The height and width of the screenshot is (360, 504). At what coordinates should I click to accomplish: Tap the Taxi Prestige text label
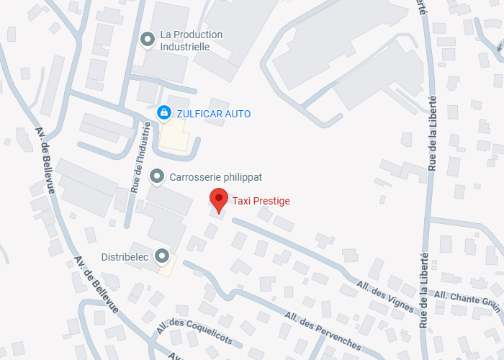pos(261,201)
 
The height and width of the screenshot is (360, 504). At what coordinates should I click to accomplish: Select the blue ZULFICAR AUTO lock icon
pos(164,113)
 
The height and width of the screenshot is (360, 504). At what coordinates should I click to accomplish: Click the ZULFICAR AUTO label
pos(214,114)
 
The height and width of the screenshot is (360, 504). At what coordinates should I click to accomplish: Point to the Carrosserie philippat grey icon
pos(156,176)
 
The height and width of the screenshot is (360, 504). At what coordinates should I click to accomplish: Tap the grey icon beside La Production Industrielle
pos(148,39)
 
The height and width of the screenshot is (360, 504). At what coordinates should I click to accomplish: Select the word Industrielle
pos(184,47)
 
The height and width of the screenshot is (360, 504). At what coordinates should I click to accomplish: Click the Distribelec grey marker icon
pos(163,255)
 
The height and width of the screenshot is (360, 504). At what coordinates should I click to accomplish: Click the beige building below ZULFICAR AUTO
pos(174,135)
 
